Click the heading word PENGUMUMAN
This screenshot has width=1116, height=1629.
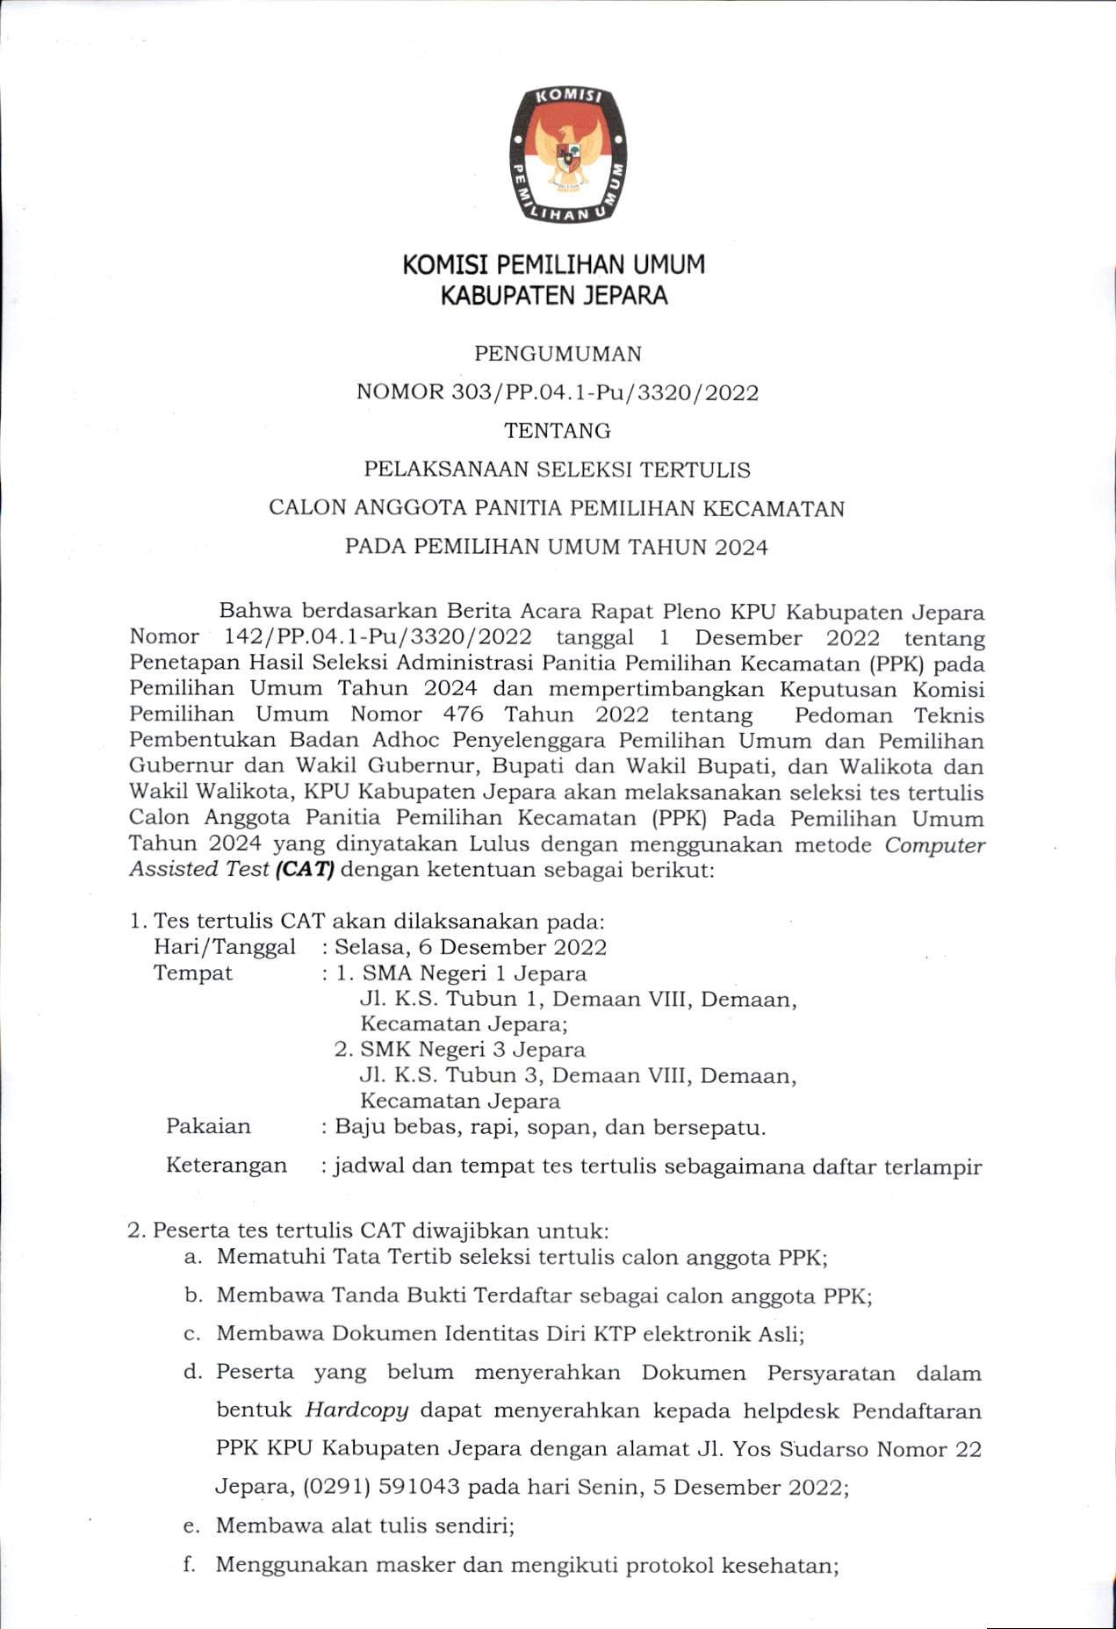(558, 354)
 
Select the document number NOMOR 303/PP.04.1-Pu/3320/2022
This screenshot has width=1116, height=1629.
(558, 392)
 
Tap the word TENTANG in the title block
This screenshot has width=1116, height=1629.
(558, 431)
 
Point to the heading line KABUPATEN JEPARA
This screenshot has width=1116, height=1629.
(554, 295)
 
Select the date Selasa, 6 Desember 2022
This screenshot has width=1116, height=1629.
(471, 947)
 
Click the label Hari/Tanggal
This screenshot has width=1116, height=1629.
(224, 947)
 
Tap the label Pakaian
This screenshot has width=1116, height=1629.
(208, 1126)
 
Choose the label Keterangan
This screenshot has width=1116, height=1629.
(227, 1165)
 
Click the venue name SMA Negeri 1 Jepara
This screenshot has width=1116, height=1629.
(474, 972)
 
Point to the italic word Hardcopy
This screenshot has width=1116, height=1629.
(356, 1410)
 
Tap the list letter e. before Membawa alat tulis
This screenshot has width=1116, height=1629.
(191, 1526)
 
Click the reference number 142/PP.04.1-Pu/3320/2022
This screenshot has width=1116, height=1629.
(378, 638)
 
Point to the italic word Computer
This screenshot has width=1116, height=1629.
(934, 845)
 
